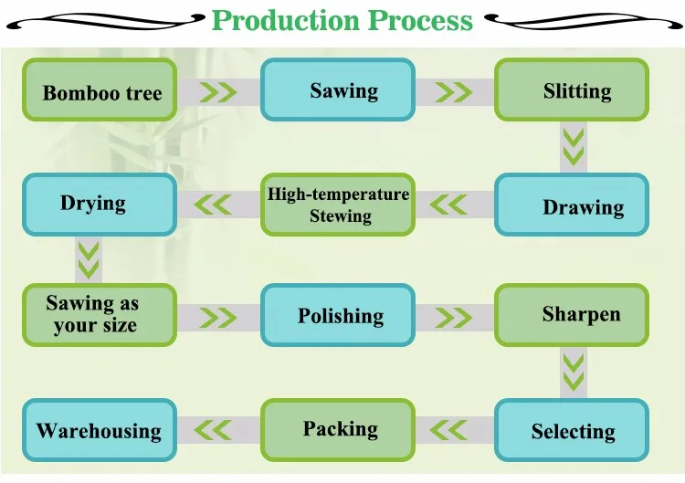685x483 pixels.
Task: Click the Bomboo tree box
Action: tap(100, 90)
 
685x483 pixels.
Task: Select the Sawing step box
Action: tap(338, 89)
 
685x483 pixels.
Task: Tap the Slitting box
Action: tap(572, 89)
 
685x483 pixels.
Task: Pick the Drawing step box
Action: tap(572, 205)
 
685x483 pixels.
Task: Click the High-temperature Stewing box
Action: tap(338, 205)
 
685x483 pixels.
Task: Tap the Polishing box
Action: tap(338, 315)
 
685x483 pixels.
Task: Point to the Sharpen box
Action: tap(572, 315)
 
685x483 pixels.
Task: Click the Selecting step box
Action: tap(572, 430)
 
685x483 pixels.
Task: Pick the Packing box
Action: tap(338, 429)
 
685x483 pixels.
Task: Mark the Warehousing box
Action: tap(100, 430)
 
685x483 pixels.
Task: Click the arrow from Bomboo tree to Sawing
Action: tap(218, 91)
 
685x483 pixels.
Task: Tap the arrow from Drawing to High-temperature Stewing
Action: tap(449, 205)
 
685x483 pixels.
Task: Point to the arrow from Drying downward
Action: tap(89, 259)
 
